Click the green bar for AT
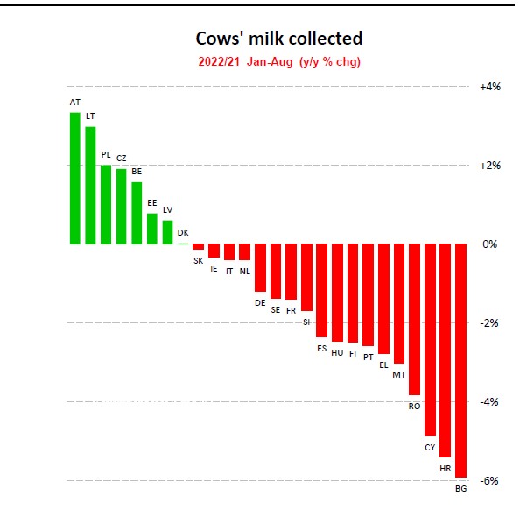pyautogui.click(x=75, y=179)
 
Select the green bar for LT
pyautogui.click(x=90, y=186)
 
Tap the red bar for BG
pyautogui.click(x=460, y=360)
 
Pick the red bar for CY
pyautogui.click(x=430, y=340)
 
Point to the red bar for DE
pyautogui.click(x=260, y=267)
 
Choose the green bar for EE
pyautogui.click(x=152, y=229)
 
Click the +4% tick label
pyautogui.click(x=490, y=87)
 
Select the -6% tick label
pyautogui.click(x=490, y=480)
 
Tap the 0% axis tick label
pyautogui.click(x=490, y=244)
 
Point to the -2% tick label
pyautogui.click(x=490, y=322)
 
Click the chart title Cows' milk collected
pyautogui.click(x=278, y=39)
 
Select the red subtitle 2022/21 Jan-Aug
pyautogui.click(x=278, y=61)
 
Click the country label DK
pyautogui.click(x=183, y=233)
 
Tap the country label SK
pyautogui.click(x=198, y=260)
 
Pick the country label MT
pyautogui.click(x=399, y=374)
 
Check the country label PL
pyautogui.click(x=106, y=155)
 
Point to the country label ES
pyautogui.click(x=321, y=348)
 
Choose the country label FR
pyautogui.click(x=292, y=310)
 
